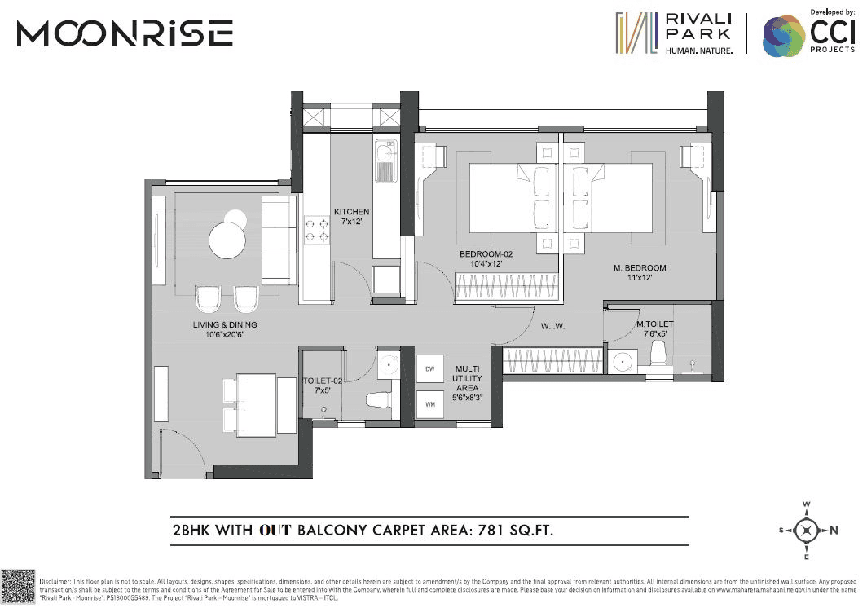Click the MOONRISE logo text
pyautogui.click(x=125, y=33)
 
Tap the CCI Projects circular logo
pyautogui.click(x=783, y=37)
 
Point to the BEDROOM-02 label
pyautogui.click(x=486, y=258)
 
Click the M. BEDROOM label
pyautogui.click(x=640, y=273)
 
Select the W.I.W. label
pyautogui.click(x=553, y=326)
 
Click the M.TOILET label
pyautogui.click(x=655, y=328)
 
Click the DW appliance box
pyautogui.click(x=429, y=369)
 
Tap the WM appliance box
pyautogui.click(x=429, y=403)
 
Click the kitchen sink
pyautogui.click(x=385, y=161)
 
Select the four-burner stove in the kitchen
pyautogui.click(x=315, y=229)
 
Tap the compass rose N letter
pyautogui.click(x=834, y=531)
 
